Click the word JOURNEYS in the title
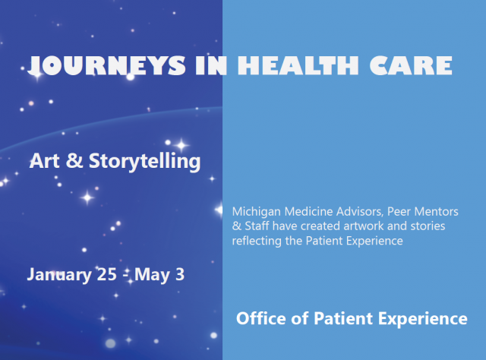click(x=107, y=65)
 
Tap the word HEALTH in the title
click(x=298, y=65)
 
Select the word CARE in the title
click(x=411, y=65)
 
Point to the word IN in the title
click(x=211, y=65)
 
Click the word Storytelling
click(x=145, y=162)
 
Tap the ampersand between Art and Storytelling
click(x=74, y=160)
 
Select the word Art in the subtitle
click(x=44, y=160)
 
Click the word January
click(x=59, y=275)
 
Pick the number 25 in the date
click(x=107, y=274)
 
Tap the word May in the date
click(x=153, y=275)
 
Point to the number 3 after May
click(x=180, y=274)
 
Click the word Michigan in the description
click(x=257, y=212)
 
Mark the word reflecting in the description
click(x=257, y=242)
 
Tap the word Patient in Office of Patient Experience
click(x=343, y=318)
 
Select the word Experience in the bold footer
click(x=423, y=319)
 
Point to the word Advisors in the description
click(x=360, y=211)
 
